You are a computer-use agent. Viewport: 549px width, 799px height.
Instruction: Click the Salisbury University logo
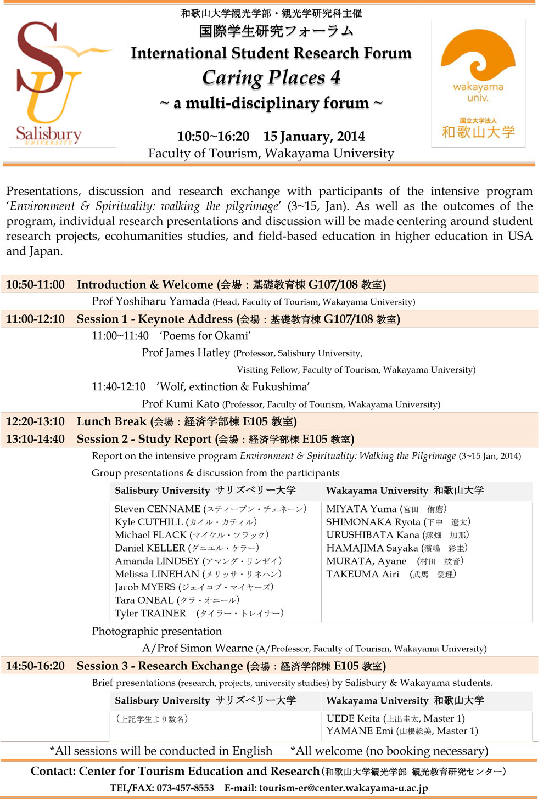click(x=62, y=83)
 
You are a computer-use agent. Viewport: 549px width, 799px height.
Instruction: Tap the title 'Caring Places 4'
click(x=271, y=78)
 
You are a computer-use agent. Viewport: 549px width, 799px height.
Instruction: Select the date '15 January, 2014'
click(x=313, y=136)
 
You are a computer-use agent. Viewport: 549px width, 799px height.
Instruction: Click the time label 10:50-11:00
click(x=35, y=284)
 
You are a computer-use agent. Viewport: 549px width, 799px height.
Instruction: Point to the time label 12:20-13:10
click(x=35, y=421)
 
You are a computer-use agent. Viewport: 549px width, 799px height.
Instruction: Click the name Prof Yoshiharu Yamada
click(x=150, y=301)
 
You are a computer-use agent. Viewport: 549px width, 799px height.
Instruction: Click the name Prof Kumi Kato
click(x=181, y=404)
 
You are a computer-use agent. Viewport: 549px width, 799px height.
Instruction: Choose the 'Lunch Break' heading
click(x=111, y=421)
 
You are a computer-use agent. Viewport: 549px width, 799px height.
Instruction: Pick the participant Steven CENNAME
click(x=158, y=509)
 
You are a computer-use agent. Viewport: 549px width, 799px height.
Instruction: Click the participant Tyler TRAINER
click(x=150, y=614)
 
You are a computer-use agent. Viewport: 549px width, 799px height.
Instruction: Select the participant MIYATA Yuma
click(x=361, y=509)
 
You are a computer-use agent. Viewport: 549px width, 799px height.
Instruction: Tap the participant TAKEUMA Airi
click(x=363, y=575)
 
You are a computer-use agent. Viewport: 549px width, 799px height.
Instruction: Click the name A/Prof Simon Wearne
click(x=198, y=648)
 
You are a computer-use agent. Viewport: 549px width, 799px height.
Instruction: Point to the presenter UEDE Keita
click(x=353, y=718)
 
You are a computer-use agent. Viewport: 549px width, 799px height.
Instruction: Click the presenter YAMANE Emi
click(x=360, y=731)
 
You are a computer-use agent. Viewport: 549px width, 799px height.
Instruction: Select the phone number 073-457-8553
click(x=185, y=788)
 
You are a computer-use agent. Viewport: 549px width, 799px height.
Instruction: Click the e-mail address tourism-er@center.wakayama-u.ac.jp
click(x=343, y=788)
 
